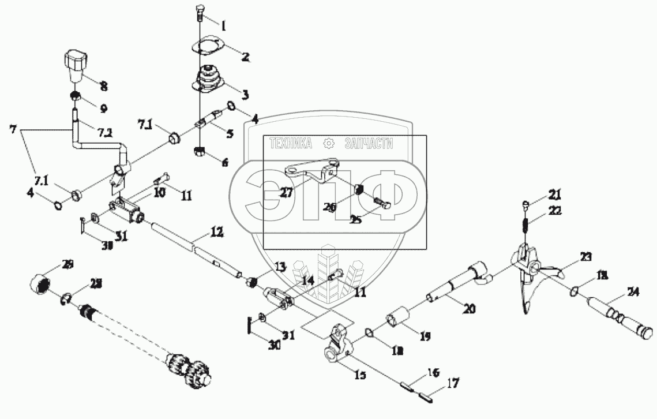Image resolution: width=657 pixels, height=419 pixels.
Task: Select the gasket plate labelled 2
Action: [205, 47]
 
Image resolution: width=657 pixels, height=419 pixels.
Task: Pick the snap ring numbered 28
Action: [66, 298]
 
